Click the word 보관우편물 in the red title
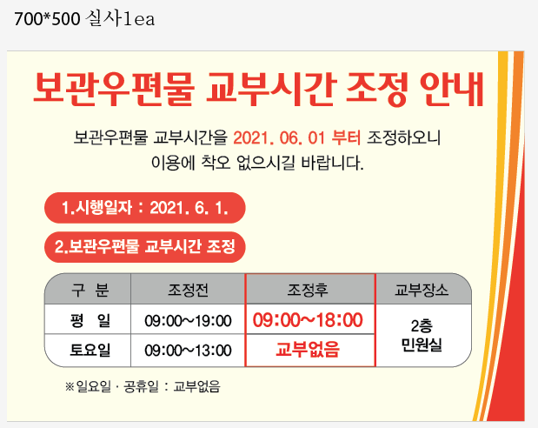pos(114,89)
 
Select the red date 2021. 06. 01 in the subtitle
pos(279,137)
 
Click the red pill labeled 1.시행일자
pos(145,208)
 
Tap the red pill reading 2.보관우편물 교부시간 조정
pos(145,247)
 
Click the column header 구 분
pos(90,290)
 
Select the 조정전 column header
pos(188,290)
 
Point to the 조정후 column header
pos(308,290)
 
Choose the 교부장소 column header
pos(422,290)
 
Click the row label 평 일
pos(90,320)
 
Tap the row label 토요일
pos(90,350)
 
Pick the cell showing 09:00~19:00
pos(188,321)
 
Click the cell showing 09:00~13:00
pos(188,351)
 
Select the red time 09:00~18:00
pos(308,320)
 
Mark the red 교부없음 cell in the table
pos(308,350)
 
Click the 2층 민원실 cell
pos(422,335)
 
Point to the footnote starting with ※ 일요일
pos(143,387)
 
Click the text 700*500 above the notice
pos(47,19)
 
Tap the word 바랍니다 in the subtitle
pos(332,163)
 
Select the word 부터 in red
pos(346,137)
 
